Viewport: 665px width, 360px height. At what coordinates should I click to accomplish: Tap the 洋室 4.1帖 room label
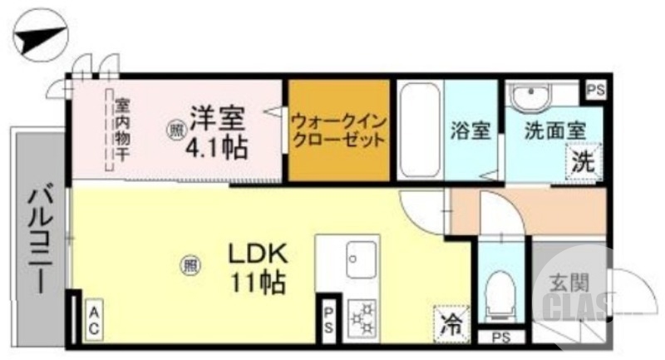215,131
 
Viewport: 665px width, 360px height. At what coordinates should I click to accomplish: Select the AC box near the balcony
93,320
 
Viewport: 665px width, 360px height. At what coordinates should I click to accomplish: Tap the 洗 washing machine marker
582,161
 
